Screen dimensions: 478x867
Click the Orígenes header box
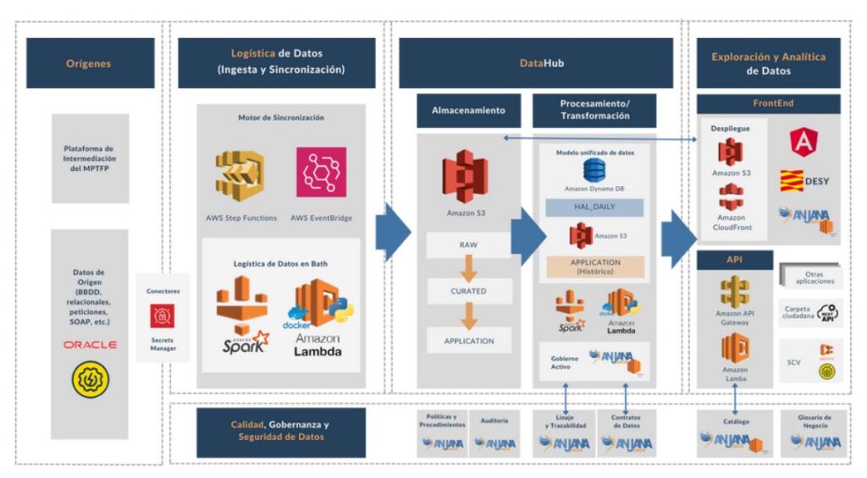click(x=90, y=63)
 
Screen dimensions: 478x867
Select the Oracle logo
click(x=90, y=345)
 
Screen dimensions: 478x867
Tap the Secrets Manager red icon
click(x=163, y=316)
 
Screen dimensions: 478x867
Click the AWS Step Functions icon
click(x=241, y=175)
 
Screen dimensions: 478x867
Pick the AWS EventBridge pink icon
click(x=321, y=173)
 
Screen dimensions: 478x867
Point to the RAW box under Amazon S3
click(x=468, y=245)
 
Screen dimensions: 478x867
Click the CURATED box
click(x=468, y=291)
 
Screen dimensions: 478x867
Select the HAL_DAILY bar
click(x=594, y=207)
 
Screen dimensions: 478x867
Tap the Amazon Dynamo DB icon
click(x=594, y=169)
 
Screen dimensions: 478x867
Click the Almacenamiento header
click(x=468, y=111)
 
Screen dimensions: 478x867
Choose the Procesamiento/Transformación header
click(x=594, y=110)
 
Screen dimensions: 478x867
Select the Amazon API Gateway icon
click(x=734, y=292)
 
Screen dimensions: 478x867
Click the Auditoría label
click(x=494, y=419)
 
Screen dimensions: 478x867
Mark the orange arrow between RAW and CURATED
click(x=468, y=268)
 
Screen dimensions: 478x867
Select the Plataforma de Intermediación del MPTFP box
click(x=90, y=159)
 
